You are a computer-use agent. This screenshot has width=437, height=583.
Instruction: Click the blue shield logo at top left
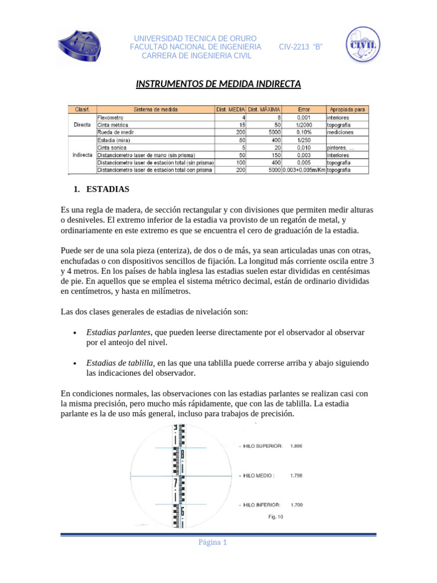click(81, 45)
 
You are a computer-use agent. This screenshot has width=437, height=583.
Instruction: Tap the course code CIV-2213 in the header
click(301, 47)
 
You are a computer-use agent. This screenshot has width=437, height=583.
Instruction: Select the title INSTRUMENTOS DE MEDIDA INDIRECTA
click(218, 85)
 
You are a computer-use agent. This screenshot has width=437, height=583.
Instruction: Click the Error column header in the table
click(304, 109)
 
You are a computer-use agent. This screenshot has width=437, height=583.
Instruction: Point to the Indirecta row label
click(83, 155)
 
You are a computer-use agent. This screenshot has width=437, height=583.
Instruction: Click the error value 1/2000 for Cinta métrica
click(304, 124)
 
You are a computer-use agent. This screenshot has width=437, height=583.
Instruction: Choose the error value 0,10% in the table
click(304, 132)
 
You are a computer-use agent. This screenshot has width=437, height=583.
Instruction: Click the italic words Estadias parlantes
click(118, 331)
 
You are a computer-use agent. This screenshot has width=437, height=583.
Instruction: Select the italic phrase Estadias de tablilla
click(120, 363)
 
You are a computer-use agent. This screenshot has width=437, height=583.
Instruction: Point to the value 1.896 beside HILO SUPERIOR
click(296, 446)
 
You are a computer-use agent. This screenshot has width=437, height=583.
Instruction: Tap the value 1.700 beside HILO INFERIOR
click(296, 504)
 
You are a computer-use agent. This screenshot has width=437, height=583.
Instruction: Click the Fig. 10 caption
click(275, 517)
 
